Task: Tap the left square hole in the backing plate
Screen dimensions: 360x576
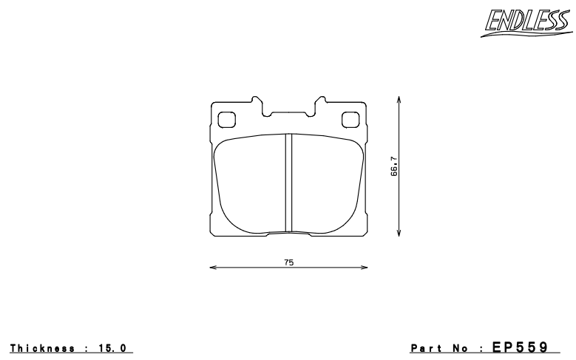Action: point(226,118)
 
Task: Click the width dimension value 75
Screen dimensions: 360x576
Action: point(288,262)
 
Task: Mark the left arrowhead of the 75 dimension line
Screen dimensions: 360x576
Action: point(212,268)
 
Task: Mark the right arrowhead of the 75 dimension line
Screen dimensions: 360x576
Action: point(366,268)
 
